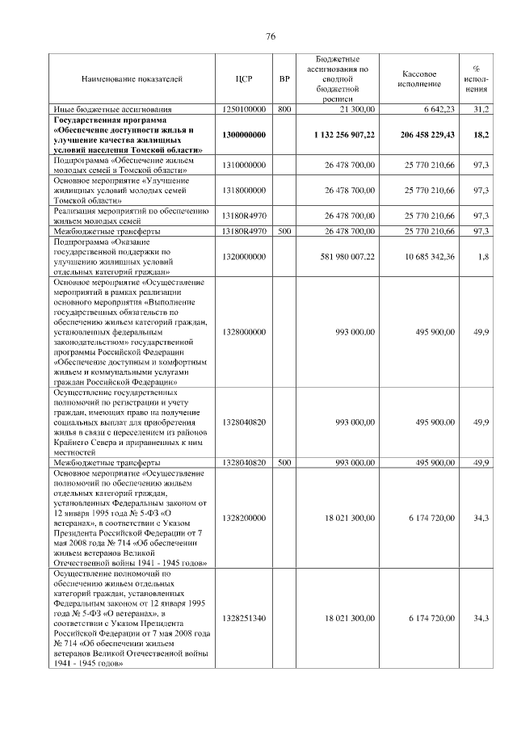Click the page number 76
coord(271,36)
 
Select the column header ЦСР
coord(244,78)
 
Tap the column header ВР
coord(284,78)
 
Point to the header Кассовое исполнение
coord(419,78)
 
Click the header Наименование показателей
coord(132,78)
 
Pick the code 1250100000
coord(244,108)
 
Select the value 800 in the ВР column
coord(284,108)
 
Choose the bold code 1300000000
coord(244,134)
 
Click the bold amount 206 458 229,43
coord(427,134)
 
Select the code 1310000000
coord(244,165)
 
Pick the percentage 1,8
coord(482,257)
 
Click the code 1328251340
coord(244,618)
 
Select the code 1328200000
coord(244,518)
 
